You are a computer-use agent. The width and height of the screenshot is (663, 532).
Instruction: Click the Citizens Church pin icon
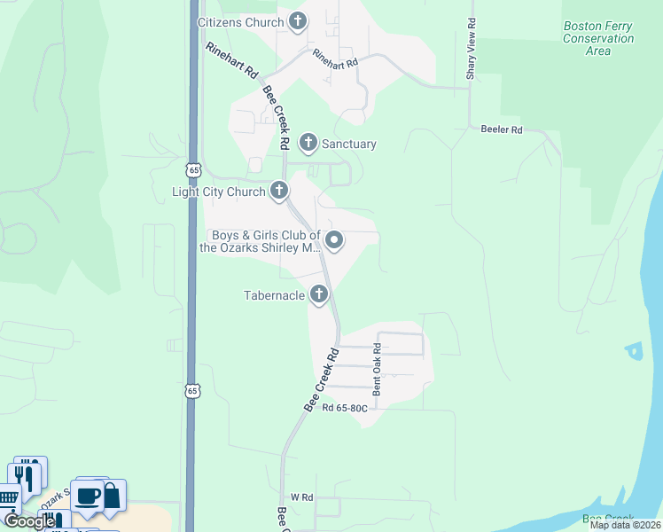point(297,22)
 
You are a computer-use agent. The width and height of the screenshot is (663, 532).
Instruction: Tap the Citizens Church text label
point(239,22)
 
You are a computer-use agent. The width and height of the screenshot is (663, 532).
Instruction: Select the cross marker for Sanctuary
point(308,142)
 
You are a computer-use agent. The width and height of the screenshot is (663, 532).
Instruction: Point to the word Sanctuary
point(348,144)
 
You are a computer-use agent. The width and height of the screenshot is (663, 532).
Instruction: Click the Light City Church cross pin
point(279,191)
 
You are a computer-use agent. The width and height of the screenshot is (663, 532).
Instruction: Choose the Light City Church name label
point(218,192)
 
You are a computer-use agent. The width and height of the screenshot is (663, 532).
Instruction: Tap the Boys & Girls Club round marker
point(335,239)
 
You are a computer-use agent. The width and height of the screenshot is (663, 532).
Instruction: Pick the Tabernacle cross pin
point(320,294)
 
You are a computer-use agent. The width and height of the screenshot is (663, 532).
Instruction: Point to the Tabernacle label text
point(275,295)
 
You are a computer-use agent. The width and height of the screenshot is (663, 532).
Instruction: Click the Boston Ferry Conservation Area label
point(598,38)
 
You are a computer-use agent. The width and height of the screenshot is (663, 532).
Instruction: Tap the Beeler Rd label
point(502,129)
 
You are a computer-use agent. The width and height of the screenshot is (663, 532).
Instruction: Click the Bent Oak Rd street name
point(377,369)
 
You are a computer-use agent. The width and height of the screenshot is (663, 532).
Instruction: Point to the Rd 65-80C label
point(345,409)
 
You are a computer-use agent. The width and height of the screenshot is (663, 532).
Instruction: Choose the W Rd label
point(295,497)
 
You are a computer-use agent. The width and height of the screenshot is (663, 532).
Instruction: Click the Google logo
point(29,521)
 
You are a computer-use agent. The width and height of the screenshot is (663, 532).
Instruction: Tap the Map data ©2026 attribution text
point(625,525)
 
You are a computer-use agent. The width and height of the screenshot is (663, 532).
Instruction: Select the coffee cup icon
point(87,497)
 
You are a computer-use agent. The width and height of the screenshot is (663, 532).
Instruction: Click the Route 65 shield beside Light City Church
point(193,168)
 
